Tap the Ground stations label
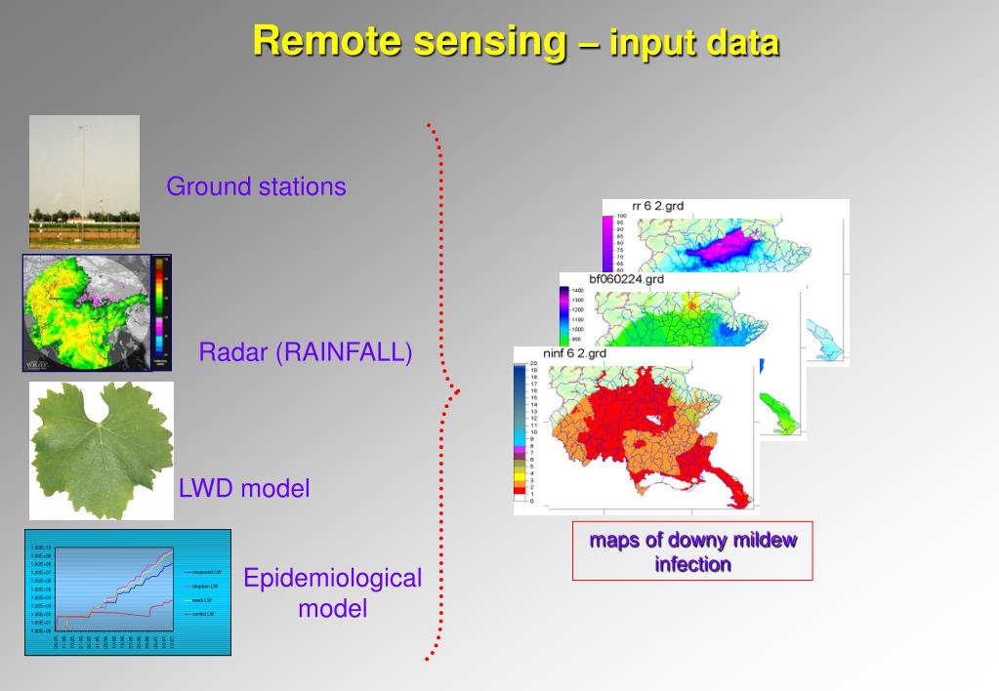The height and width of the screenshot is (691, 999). (256, 186)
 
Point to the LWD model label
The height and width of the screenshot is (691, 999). (244, 489)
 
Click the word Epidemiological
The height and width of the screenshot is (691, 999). (332, 578)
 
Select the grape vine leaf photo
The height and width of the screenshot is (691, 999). (102, 450)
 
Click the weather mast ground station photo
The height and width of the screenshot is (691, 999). (84, 182)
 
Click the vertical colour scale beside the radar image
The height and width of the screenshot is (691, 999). (161, 312)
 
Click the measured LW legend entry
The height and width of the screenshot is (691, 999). (206, 572)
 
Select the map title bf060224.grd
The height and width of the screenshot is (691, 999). (626, 278)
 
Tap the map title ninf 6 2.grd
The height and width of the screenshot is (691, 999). (574, 352)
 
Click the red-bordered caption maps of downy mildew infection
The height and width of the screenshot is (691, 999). (692, 551)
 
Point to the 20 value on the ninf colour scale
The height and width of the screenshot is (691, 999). (533, 362)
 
